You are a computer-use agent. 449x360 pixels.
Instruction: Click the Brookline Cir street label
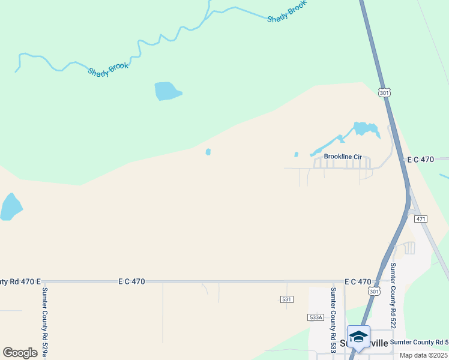[343, 157]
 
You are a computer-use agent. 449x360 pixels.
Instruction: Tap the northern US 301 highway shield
[385, 92]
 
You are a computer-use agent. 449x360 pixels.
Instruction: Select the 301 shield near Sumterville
[374, 292]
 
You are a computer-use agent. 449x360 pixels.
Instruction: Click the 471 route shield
[420, 219]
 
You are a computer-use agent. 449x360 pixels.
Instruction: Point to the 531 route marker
[286, 299]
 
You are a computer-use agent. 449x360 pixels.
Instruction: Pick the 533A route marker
[315, 317]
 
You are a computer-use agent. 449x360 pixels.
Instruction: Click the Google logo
[20, 353]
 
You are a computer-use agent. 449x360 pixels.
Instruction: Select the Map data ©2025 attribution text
[424, 355]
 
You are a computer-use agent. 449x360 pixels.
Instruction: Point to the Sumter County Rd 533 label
[333, 320]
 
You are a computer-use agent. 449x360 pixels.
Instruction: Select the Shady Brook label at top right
[287, 11]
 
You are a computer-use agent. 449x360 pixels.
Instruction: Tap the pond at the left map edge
[10, 207]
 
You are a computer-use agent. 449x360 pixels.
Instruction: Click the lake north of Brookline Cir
[366, 129]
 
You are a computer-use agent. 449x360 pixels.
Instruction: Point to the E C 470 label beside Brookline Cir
[420, 160]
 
